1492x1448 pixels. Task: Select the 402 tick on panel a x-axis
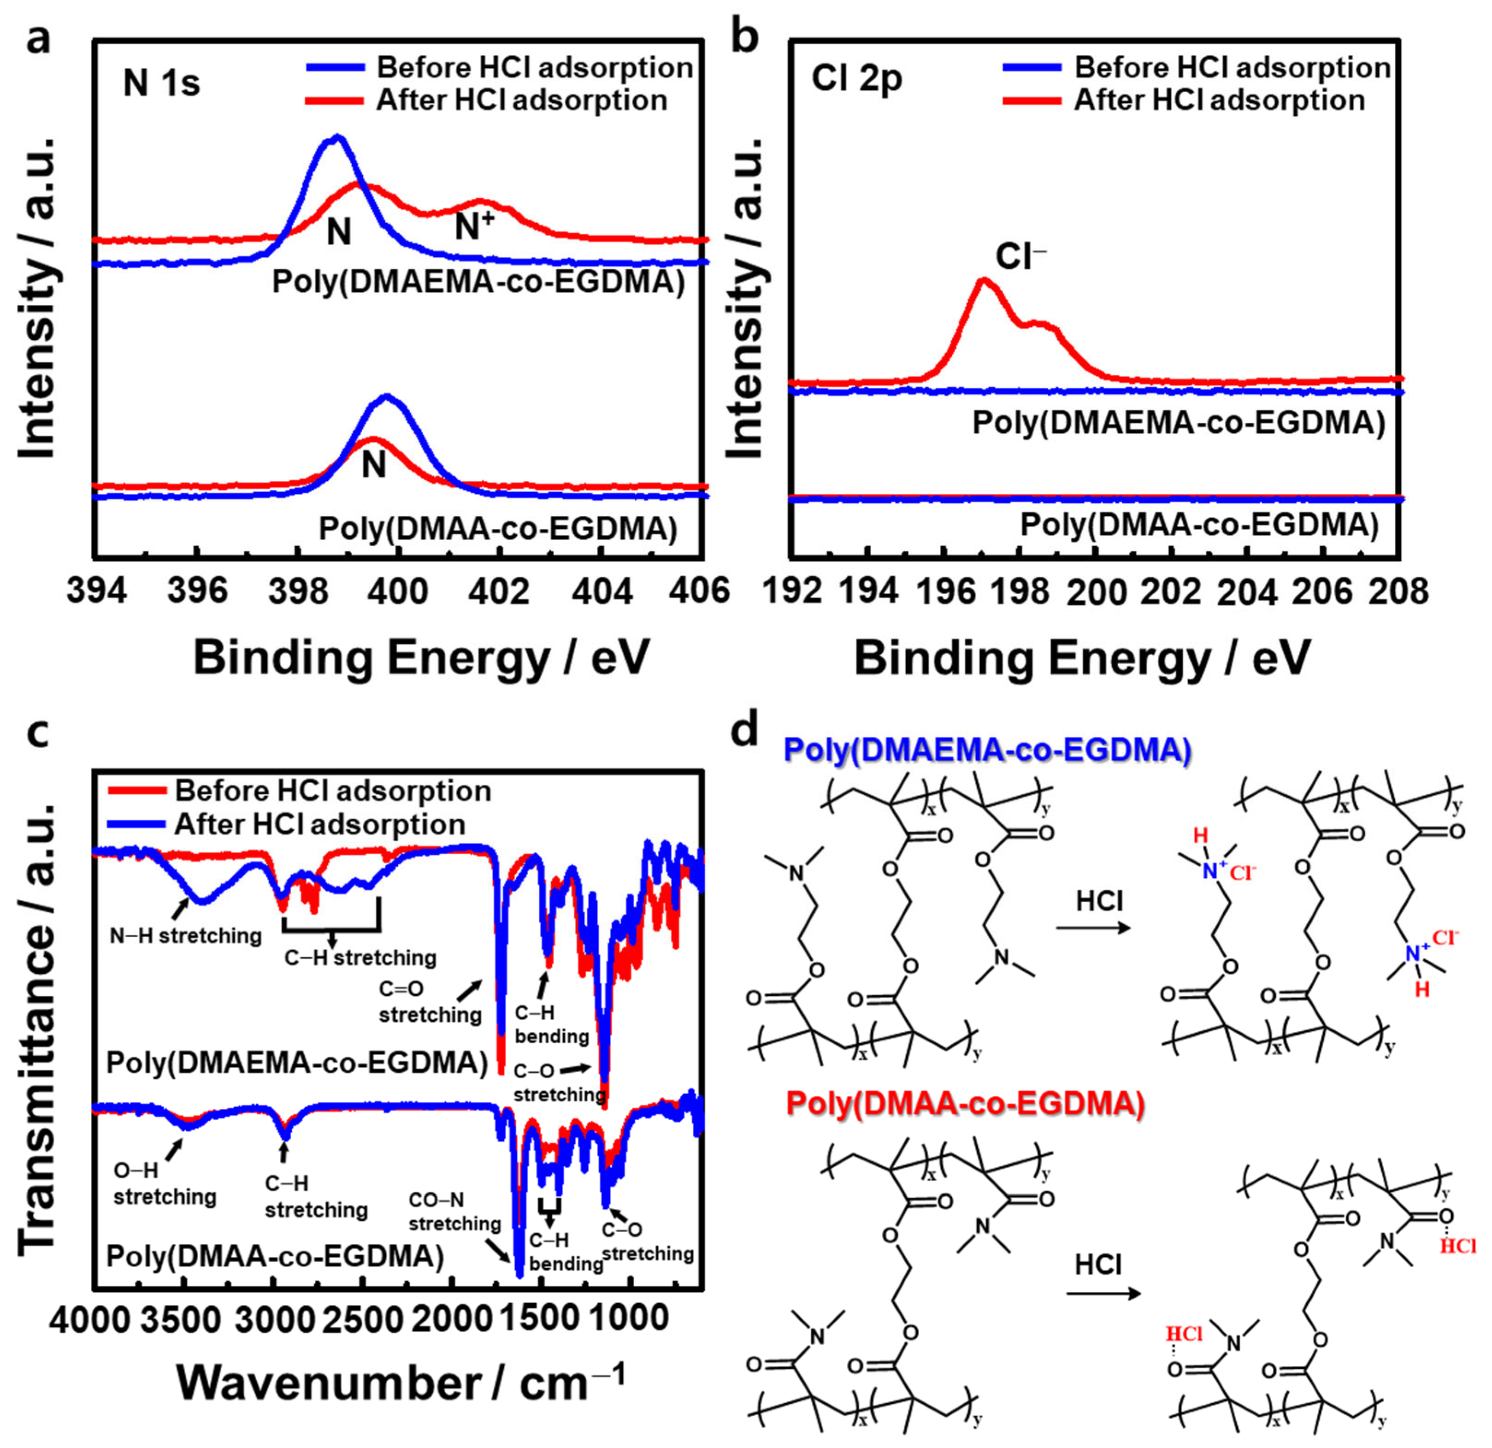(500, 590)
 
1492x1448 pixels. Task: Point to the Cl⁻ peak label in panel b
(1020, 257)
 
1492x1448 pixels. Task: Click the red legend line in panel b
(1032, 100)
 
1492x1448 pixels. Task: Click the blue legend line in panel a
(335, 67)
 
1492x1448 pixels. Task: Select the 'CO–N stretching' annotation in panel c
(454, 1211)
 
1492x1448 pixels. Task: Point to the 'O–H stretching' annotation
(165, 1184)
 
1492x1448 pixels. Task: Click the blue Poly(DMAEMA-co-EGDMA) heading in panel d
(987, 751)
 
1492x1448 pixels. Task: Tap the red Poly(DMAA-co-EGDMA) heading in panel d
(965, 1103)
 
